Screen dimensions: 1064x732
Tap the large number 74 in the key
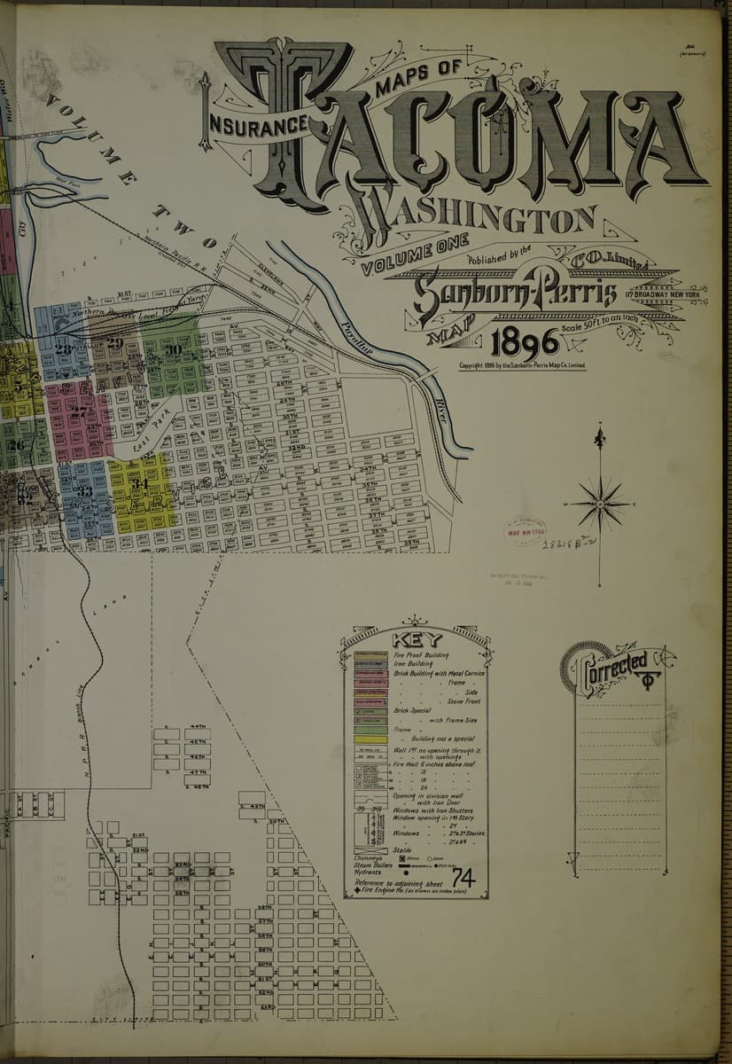tap(463, 878)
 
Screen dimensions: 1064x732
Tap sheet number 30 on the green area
tap(174, 351)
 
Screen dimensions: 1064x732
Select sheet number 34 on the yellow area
tap(140, 484)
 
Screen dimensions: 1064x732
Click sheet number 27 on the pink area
tap(79, 411)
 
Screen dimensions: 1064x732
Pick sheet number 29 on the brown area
tap(115, 343)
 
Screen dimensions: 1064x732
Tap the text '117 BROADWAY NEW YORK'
tap(662, 294)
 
